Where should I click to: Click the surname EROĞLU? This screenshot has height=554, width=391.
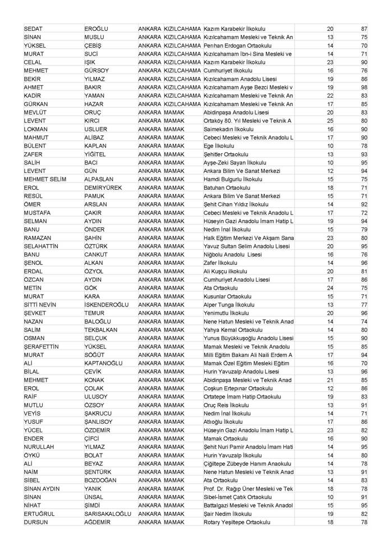click(x=96, y=29)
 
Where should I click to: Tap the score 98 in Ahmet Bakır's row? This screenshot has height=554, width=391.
click(x=364, y=88)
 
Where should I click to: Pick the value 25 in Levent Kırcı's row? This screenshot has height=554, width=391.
click(x=330, y=121)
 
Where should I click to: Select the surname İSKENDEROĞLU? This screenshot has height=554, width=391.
click(x=107, y=305)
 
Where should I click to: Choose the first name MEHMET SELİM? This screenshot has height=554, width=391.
click(x=45, y=179)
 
